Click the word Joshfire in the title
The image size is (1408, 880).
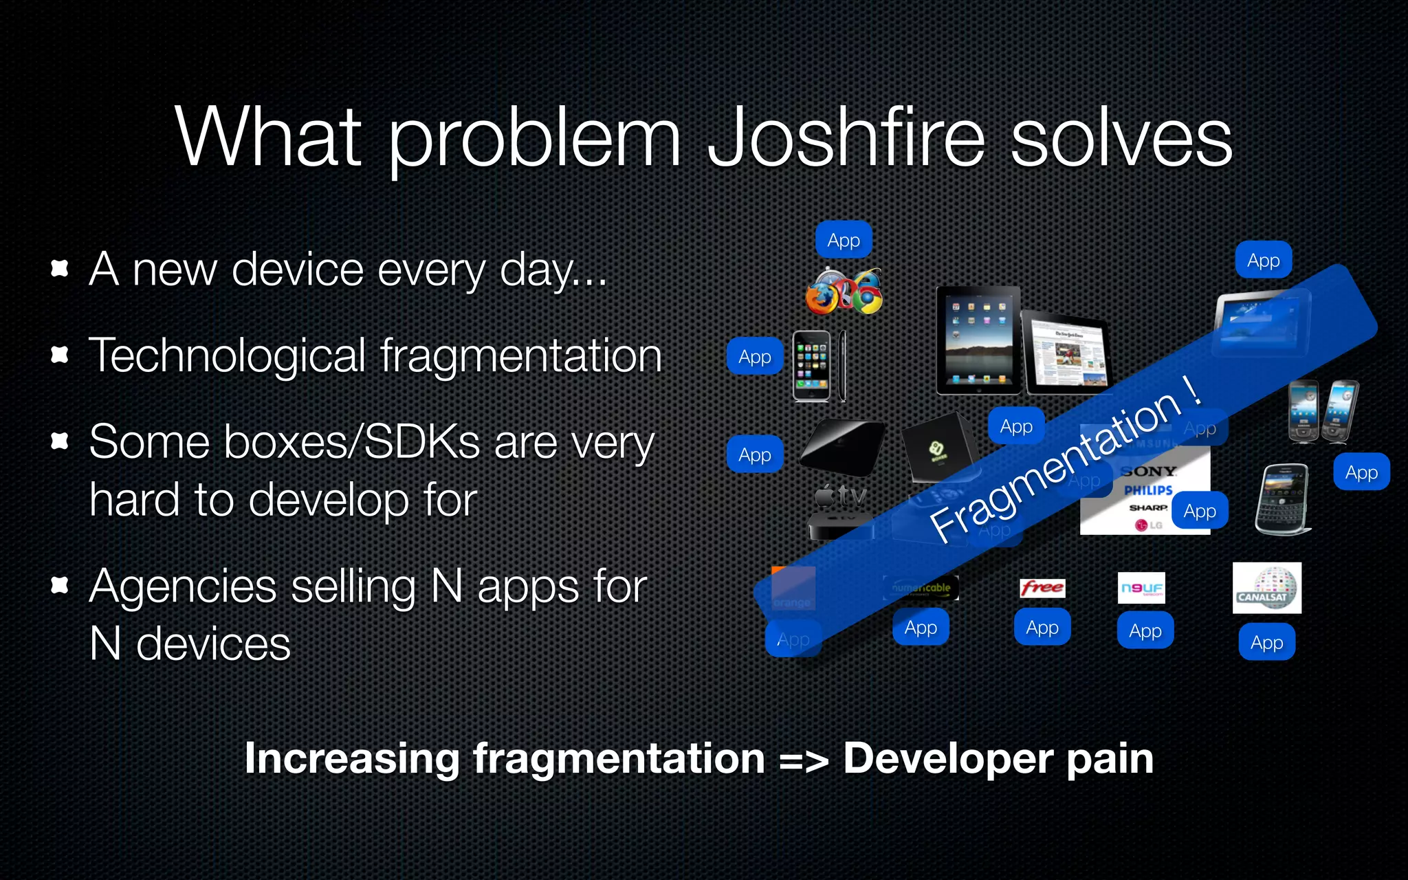pyautogui.click(x=846, y=137)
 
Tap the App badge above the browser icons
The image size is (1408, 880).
pyautogui.click(x=844, y=240)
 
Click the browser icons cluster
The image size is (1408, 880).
pyautogui.click(x=844, y=291)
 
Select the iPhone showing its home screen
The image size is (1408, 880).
pyautogui.click(x=811, y=366)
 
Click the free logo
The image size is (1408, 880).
pyautogui.click(x=1042, y=588)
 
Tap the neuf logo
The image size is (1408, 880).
pyautogui.click(x=1141, y=588)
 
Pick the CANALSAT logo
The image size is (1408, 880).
pyautogui.click(x=1266, y=588)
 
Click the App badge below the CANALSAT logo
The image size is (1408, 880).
pyautogui.click(x=1266, y=642)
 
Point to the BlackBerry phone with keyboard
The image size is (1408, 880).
pyautogui.click(x=1281, y=499)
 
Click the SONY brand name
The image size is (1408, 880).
pyautogui.click(x=1148, y=472)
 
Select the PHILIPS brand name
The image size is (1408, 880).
pyautogui.click(x=1148, y=490)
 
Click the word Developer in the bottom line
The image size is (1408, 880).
pyautogui.click(x=949, y=758)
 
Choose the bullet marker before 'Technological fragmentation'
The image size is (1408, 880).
pyautogui.click(x=60, y=355)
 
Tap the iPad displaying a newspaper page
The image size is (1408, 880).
pyautogui.click(x=1066, y=352)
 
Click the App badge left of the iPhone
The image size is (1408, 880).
pyautogui.click(x=755, y=356)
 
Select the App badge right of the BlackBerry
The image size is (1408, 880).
pyautogui.click(x=1361, y=472)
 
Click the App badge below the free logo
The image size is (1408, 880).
pyautogui.click(x=1042, y=627)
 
